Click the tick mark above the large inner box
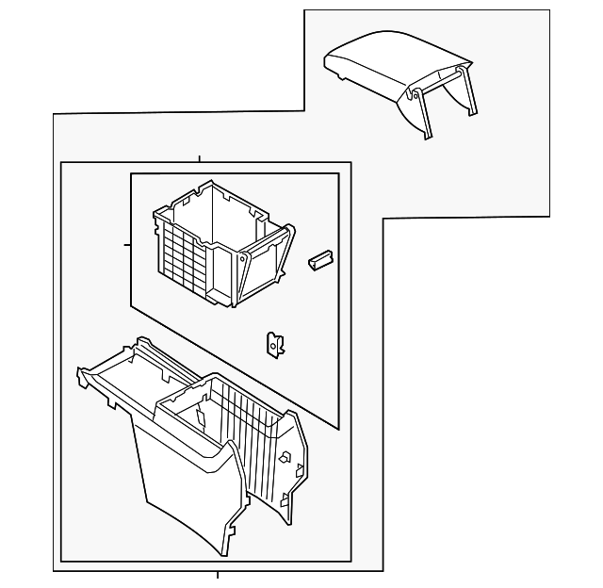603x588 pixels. click(199, 157)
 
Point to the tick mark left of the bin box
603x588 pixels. click(126, 244)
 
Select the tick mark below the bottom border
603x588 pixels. click(217, 575)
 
